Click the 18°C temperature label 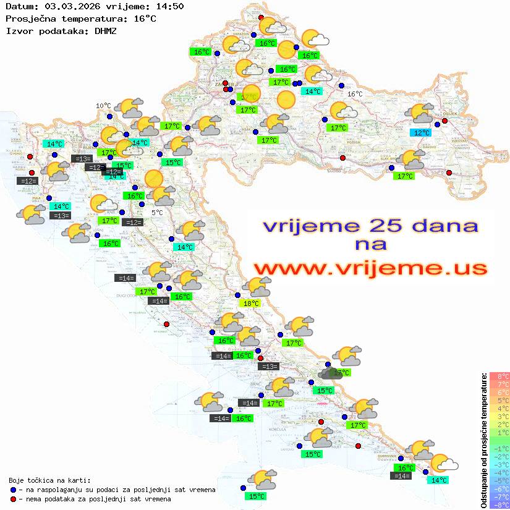pos(250,303)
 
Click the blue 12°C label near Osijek pos(421,132)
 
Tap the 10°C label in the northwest pos(103,106)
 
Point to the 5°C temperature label pos(157,212)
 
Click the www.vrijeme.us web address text pos(370,268)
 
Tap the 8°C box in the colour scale pos(499,376)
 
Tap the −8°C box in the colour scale pos(499,504)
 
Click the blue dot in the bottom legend pos(14,490)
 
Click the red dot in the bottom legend pos(14,499)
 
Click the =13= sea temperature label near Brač pos(269,367)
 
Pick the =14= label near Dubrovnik pos(401,475)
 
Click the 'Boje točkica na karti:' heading pos(49,480)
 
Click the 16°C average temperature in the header pos(145,19)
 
